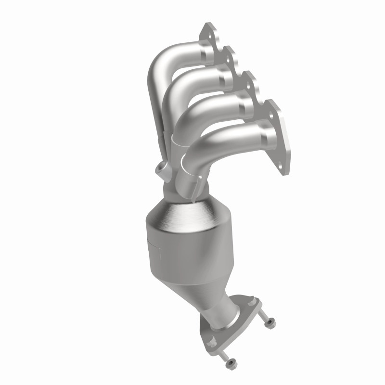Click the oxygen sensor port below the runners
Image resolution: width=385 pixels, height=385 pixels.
pyautogui.click(x=160, y=169)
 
